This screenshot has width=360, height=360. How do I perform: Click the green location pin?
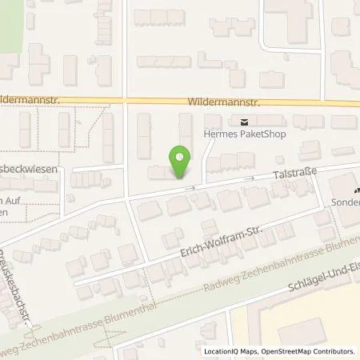pos(180,162)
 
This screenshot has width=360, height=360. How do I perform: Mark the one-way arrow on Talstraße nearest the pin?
pos(192,188)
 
